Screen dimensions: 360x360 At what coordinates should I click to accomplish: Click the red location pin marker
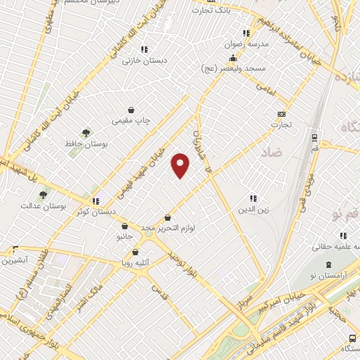click(x=181, y=165)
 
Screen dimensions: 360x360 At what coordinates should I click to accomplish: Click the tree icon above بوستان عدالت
click(x=43, y=195)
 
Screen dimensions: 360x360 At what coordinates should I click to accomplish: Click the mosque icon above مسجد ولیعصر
click(x=232, y=58)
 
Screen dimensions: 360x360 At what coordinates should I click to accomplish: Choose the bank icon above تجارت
click(x=282, y=114)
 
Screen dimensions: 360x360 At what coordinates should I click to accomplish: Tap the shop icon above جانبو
click(x=124, y=226)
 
